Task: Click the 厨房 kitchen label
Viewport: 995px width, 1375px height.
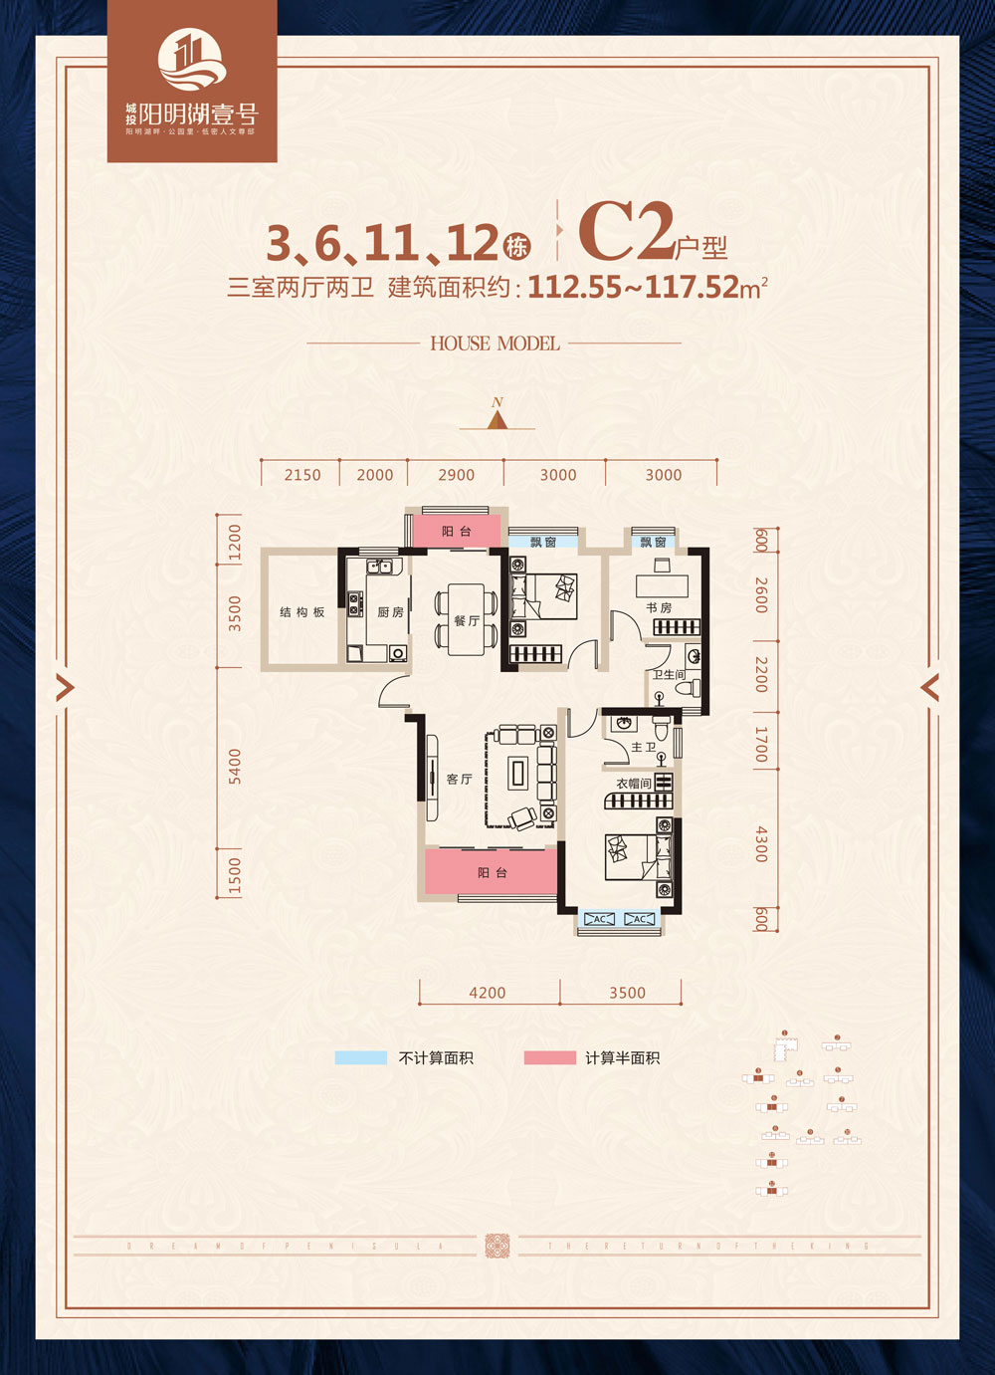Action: coord(390,612)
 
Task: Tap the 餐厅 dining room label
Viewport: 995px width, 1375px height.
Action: coord(467,620)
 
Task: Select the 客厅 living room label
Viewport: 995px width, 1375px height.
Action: coord(459,779)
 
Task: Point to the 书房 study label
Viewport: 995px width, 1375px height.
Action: coord(659,607)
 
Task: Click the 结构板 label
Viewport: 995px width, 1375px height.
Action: coord(301,612)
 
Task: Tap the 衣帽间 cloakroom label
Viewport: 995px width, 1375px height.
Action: coord(633,784)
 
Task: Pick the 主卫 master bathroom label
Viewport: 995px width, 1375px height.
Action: coord(643,747)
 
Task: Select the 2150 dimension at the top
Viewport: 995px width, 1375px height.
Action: coord(302,475)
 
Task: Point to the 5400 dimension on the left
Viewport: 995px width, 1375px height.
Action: coord(235,766)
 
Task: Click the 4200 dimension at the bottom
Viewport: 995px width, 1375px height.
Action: coord(487,993)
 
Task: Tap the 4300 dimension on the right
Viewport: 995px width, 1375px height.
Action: coord(761,843)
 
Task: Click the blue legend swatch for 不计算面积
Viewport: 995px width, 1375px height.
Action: coord(360,1057)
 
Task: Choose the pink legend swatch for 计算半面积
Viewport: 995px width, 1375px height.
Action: coord(549,1057)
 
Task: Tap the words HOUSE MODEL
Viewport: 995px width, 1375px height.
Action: coord(495,344)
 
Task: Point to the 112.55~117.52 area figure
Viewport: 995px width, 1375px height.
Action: coord(634,288)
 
